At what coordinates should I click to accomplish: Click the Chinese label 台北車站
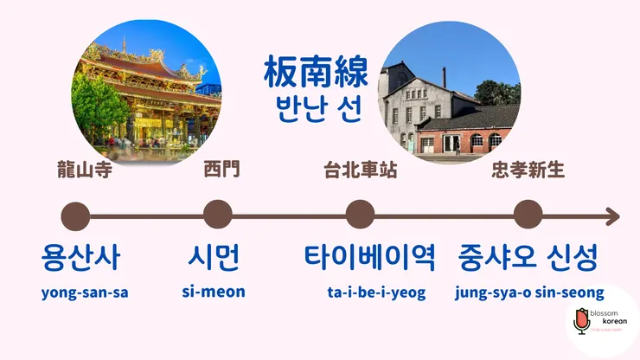click(360, 170)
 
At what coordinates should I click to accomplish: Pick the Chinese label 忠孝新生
click(528, 170)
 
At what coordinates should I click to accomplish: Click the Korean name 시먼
click(213, 257)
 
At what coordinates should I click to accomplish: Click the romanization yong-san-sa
click(85, 292)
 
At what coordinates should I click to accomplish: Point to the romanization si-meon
click(214, 292)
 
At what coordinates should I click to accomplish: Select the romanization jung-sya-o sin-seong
click(529, 292)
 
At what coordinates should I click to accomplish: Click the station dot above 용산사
click(76, 216)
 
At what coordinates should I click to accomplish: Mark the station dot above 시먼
click(217, 215)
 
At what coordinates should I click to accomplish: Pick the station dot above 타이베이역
click(360, 215)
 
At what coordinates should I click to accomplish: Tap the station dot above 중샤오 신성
click(528, 215)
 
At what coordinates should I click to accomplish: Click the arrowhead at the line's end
click(612, 216)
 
